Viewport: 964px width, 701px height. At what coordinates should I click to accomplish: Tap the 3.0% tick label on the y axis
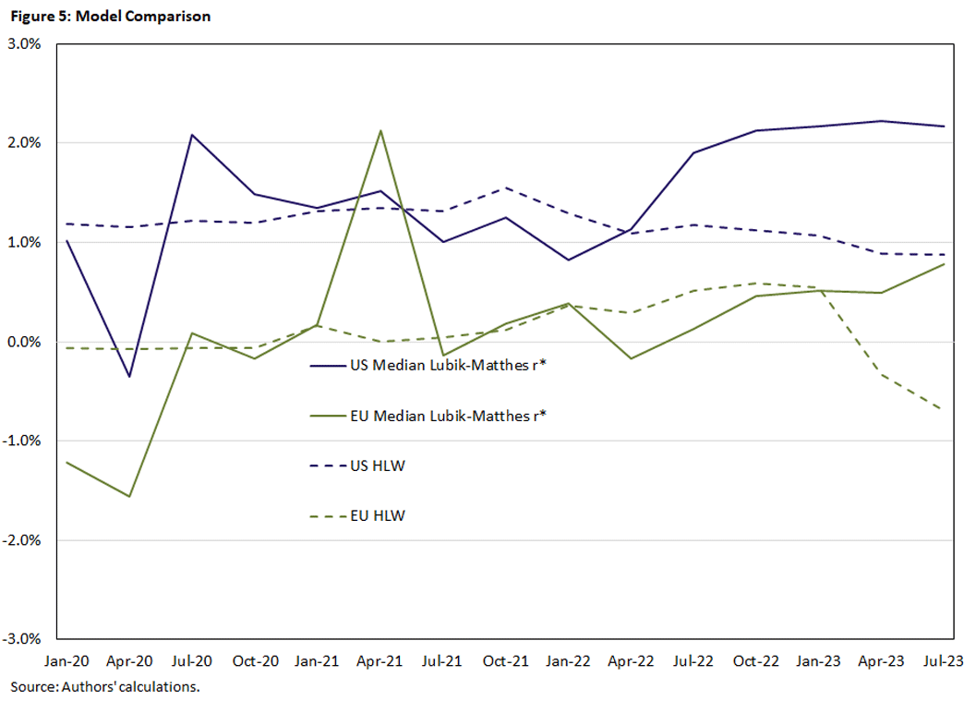pos(30,43)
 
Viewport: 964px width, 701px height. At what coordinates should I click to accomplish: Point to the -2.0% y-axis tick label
pos(29,539)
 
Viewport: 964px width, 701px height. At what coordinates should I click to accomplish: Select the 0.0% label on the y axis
pos(30,342)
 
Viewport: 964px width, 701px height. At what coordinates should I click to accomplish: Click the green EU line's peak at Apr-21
pos(380,131)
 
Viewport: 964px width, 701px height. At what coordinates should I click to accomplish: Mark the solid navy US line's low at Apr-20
pos(129,376)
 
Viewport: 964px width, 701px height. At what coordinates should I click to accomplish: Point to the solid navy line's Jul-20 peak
pos(192,135)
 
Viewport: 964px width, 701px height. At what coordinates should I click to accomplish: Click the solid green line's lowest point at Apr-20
pos(129,496)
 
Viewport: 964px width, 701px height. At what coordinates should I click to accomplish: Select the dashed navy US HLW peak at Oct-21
pos(505,188)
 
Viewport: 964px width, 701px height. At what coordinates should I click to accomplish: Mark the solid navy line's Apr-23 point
pos(880,121)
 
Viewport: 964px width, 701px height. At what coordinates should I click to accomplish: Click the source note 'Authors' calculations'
pos(105,687)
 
